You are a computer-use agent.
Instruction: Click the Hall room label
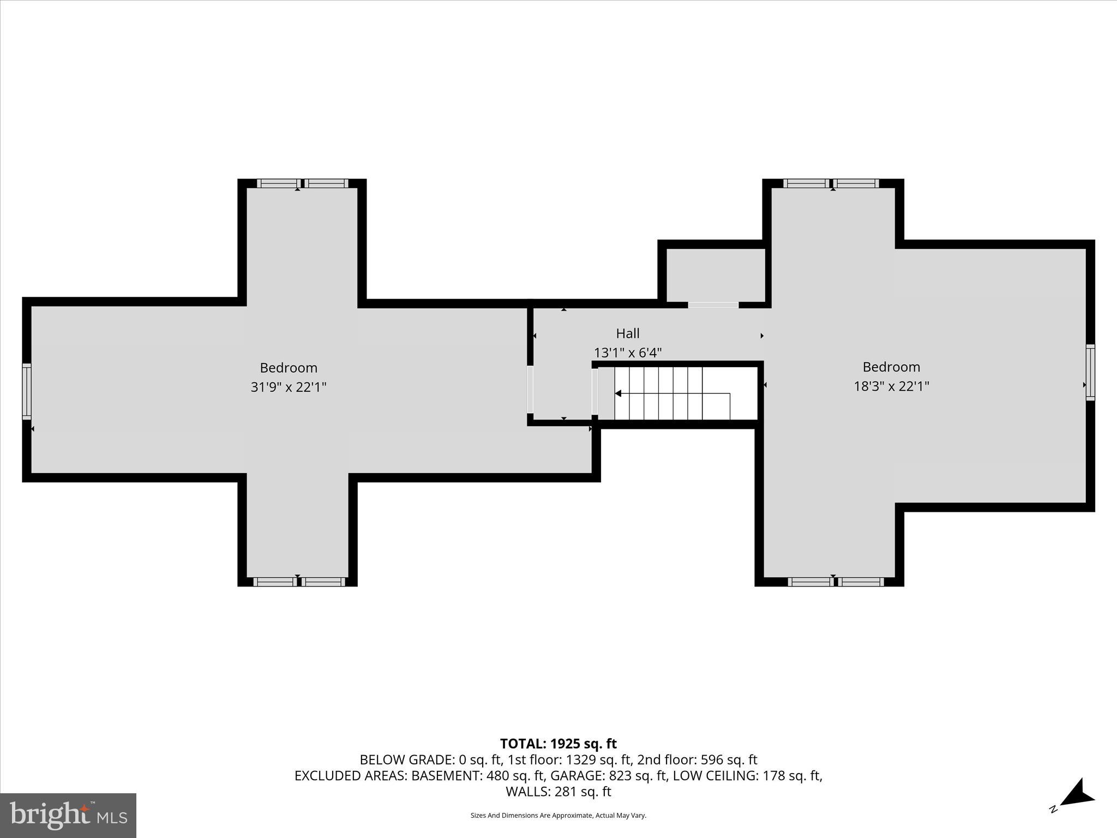point(627,333)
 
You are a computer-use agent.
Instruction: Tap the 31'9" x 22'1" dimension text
point(288,387)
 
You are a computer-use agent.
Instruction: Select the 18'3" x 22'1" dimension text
point(891,386)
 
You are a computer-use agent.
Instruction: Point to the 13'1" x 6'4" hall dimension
point(627,353)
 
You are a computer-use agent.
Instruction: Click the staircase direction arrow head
point(618,393)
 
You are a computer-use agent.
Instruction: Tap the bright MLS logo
point(68,815)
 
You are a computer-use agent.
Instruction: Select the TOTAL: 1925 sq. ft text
point(558,744)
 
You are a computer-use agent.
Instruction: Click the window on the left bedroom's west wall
point(26,391)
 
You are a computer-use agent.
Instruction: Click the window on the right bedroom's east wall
point(1090,372)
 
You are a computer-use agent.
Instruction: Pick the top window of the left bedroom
point(302,183)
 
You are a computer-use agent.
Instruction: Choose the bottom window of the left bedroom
point(299,582)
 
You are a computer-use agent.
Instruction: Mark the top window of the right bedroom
point(831,183)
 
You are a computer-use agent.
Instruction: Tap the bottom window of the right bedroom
point(836,582)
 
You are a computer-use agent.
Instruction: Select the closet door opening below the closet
point(713,305)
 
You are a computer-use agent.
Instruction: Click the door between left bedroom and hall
point(530,389)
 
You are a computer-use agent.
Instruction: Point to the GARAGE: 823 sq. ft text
point(609,776)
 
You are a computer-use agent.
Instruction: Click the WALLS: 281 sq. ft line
point(558,792)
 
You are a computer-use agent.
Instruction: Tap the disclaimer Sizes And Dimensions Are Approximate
point(558,816)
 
